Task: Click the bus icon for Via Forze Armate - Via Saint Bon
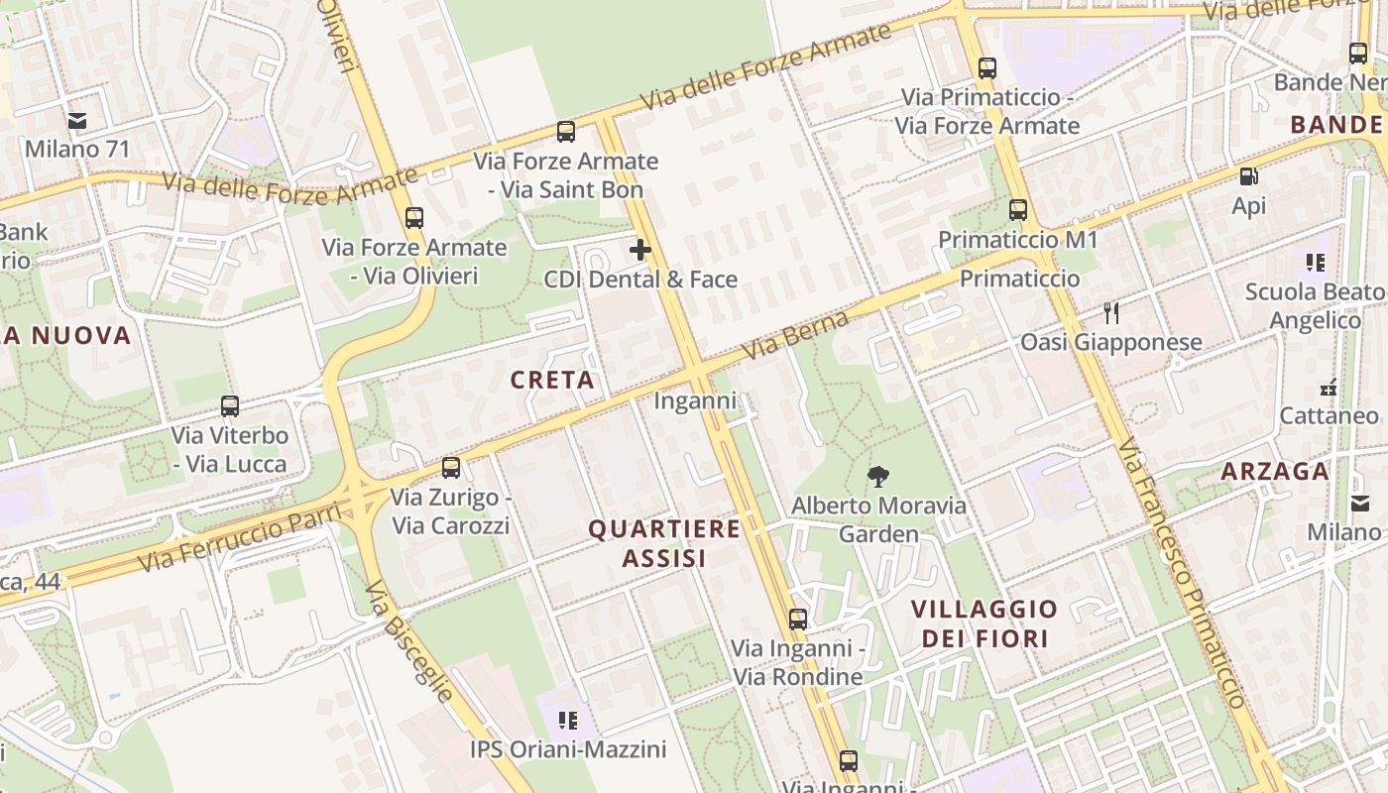pos(566,131)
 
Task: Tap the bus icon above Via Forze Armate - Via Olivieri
pos(414,217)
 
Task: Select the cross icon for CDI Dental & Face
pos(640,249)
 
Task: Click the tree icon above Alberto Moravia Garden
pos(877,477)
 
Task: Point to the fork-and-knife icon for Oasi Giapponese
pos(1111,313)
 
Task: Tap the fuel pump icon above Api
pos(1249,176)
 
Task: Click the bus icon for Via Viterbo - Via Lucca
pos(230,405)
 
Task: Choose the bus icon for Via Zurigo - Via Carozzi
pos(451,467)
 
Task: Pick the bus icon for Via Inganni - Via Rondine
pos(798,620)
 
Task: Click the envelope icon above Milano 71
pos(77,121)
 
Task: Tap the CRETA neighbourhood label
pos(552,380)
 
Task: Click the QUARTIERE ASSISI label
pos(664,543)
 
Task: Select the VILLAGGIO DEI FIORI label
pos(984,623)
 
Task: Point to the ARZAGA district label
pos(1275,471)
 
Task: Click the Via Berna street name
pos(797,335)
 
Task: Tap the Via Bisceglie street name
pos(409,640)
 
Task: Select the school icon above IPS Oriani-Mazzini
pos(568,720)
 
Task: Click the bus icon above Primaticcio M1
pos(1018,210)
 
